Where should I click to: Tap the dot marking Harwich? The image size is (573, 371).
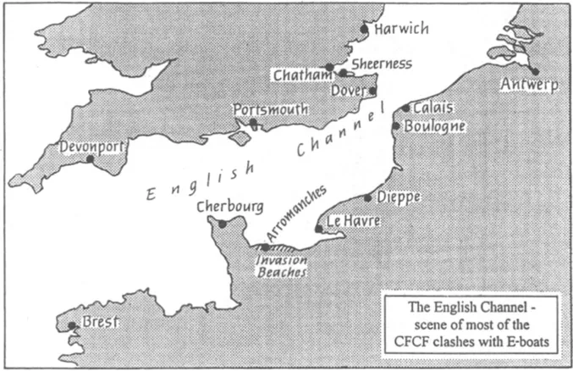tap(365, 29)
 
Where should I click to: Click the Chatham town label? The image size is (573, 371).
tap(300, 76)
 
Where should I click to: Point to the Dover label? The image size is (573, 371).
tap(349, 89)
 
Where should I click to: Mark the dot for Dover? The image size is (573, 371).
tap(372, 91)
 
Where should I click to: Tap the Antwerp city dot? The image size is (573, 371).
tap(534, 72)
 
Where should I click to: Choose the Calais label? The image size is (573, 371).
tap(433, 108)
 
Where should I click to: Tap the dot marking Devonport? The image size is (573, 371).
tap(91, 158)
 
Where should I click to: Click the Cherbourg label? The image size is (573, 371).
tap(229, 207)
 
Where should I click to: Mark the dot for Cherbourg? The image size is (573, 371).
tap(223, 224)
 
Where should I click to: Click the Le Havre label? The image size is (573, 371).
tap(353, 222)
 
